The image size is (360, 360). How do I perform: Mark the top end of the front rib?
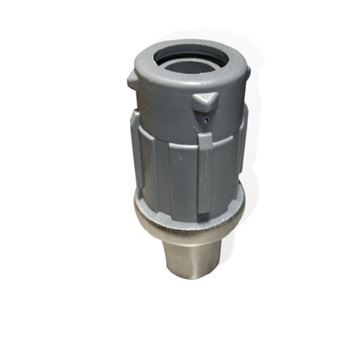[x=205, y=136]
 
